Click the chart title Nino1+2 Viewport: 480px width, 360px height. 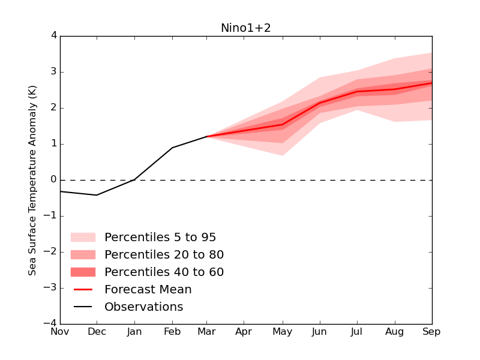click(246, 28)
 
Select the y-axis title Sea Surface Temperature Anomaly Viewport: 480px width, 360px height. click(33, 180)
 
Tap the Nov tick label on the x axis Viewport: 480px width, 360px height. click(59, 331)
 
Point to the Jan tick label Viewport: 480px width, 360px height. click(134, 331)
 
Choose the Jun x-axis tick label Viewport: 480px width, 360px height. click(320, 331)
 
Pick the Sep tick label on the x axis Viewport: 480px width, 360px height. click(431, 331)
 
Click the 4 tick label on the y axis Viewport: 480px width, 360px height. click(53, 35)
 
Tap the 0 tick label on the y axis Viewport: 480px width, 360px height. click(53, 180)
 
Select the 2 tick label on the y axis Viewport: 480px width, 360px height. click(53, 108)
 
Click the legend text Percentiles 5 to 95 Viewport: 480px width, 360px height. click(160, 237)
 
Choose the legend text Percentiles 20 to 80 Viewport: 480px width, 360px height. click(164, 254)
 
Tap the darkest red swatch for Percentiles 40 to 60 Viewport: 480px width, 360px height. click(83, 272)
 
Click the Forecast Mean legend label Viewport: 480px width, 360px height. click(148, 289)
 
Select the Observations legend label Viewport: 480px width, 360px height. click(143, 307)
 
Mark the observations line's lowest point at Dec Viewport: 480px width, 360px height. click(97, 195)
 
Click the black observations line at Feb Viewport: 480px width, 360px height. click(172, 148)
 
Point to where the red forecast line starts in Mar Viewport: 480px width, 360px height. click(208, 136)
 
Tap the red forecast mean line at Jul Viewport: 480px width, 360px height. click(357, 91)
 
